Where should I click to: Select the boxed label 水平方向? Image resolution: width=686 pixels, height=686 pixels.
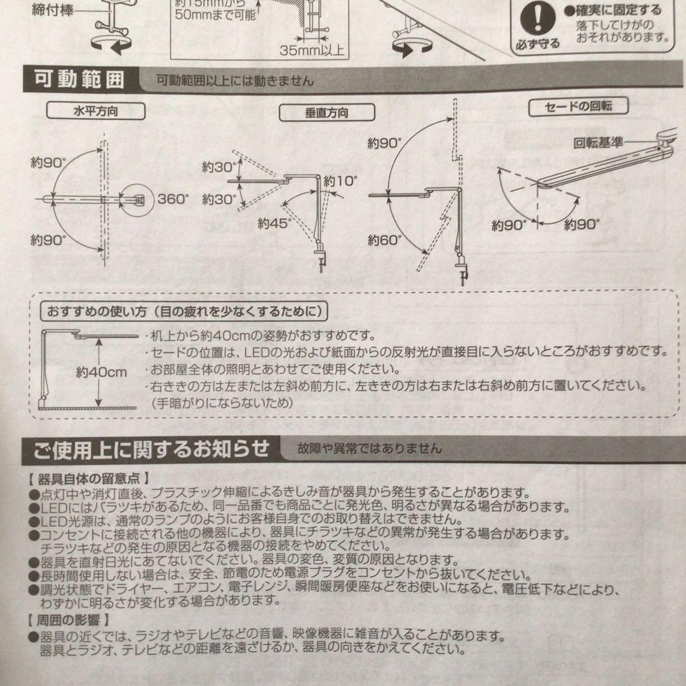95,111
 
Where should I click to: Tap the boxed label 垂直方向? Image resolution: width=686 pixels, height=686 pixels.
326,113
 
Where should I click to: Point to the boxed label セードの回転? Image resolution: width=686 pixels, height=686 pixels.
578,106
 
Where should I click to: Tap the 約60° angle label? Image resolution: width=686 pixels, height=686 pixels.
385,240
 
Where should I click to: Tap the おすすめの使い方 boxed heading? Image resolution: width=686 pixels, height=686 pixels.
184,311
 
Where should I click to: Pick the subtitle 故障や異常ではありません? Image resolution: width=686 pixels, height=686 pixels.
368,449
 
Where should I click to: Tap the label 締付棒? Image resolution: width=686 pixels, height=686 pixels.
52,11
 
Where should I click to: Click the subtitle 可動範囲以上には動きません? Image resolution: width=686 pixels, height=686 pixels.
235,81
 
